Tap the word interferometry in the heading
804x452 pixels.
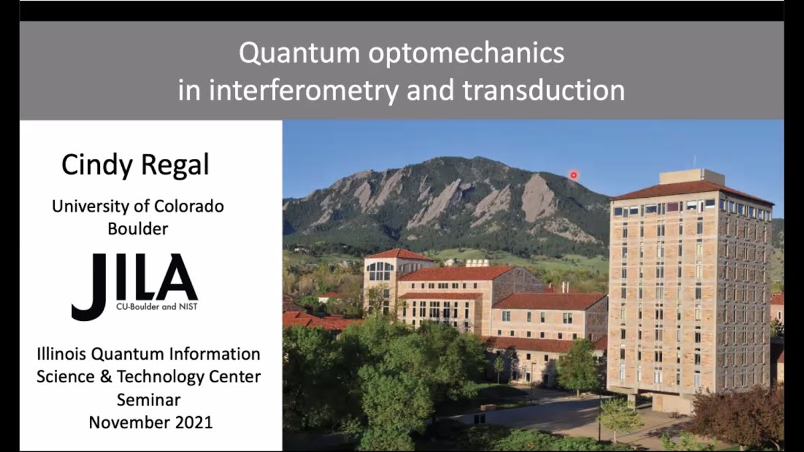point(303,91)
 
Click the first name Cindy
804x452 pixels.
point(97,165)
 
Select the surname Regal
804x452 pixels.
point(175,164)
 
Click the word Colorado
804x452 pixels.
point(189,207)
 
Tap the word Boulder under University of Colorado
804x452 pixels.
point(138,229)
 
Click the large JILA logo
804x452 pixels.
point(134,286)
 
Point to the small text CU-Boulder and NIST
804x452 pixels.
point(156,307)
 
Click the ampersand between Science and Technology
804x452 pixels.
point(106,377)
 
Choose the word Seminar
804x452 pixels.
point(149,400)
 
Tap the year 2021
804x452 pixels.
point(194,422)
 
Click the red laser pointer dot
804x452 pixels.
point(573,175)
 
